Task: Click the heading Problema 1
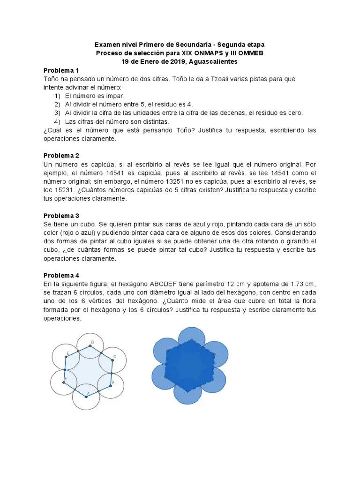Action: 61,70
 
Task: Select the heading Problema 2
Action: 61,155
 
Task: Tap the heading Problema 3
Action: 61,216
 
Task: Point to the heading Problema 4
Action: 61,276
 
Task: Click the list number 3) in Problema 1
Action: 57,113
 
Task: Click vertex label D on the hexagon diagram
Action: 92,342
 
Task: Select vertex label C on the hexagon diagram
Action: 115,357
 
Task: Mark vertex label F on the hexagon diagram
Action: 65,378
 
